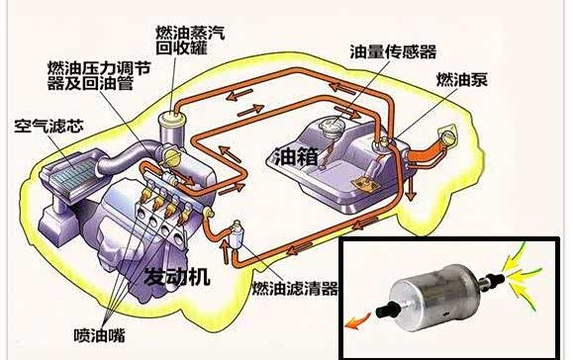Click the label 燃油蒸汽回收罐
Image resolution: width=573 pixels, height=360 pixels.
tap(190, 41)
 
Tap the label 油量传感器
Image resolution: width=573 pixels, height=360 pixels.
tap(393, 51)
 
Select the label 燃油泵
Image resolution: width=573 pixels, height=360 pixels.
tap(462, 79)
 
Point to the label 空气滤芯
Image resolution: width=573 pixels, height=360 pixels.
tap(48, 126)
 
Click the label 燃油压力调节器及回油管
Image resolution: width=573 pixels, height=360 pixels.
tap(99, 76)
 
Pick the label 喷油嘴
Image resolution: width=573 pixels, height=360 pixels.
tap(99, 335)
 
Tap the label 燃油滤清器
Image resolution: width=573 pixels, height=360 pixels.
tap(295, 289)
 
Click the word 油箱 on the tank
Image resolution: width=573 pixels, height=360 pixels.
tap(296, 157)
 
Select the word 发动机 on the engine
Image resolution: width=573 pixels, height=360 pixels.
tap(177, 277)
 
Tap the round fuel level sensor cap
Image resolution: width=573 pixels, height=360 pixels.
tap(332, 125)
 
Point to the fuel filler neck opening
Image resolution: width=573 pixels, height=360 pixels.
tap(448, 135)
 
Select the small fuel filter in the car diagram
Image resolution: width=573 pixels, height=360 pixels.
tap(235, 235)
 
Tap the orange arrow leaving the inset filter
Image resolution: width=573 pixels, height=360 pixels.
tap(358, 320)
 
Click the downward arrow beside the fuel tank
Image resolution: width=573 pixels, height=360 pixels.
tap(412, 188)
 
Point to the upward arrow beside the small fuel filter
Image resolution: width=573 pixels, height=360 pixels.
tap(224, 252)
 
